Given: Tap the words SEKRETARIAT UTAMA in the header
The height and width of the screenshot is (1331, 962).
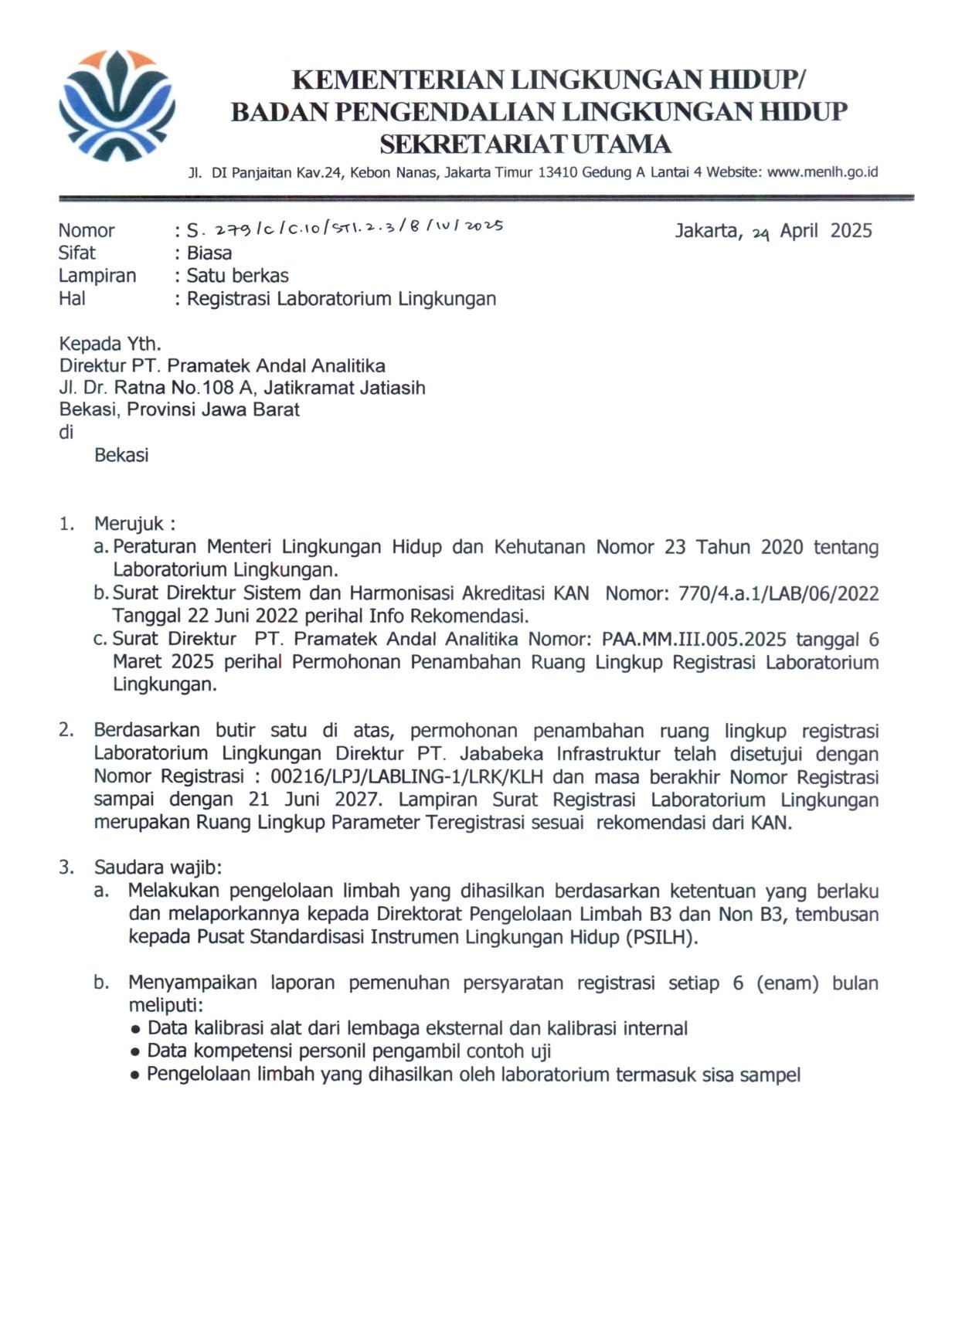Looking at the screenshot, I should coord(526,144).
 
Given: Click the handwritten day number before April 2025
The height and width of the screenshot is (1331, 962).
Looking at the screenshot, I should coord(761,233).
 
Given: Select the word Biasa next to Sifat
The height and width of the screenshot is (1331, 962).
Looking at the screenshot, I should coord(209,253).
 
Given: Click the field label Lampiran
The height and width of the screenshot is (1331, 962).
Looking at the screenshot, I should coord(97,276).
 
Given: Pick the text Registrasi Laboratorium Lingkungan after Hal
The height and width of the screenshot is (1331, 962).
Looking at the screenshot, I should coord(342,299).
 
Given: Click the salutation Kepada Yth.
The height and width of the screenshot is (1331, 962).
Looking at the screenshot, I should coord(110,344).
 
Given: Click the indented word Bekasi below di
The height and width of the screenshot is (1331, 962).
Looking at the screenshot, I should coord(121,455).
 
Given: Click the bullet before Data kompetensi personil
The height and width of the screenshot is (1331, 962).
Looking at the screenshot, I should coord(135,1052).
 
